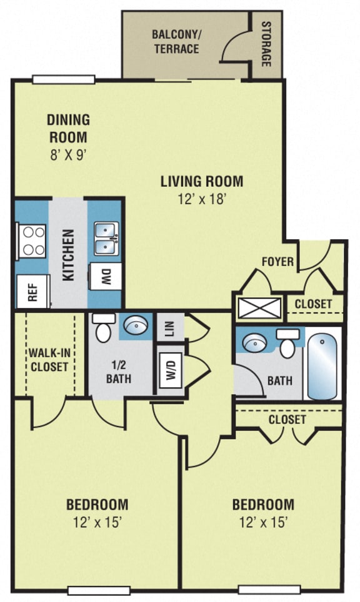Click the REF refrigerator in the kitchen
pyautogui.click(x=32, y=292)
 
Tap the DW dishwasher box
pyautogui.click(x=106, y=277)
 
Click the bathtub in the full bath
pyautogui.click(x=323, y=365)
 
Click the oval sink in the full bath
pyautogui.click(x=254, y=343)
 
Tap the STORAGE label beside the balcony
pyautogui.click(x=266, y=44)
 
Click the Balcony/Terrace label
pyautogui.click(x=176, y=41)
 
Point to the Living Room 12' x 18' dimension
pyautogui.click(x=201, y=200)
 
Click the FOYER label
pyautogui.click(x=277, y=262)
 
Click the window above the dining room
pyautogui.click(x=63, y=79)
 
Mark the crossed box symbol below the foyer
pyautogui.click(x=258, y=308)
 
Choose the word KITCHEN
pyautogui.click(x=68, y=254)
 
